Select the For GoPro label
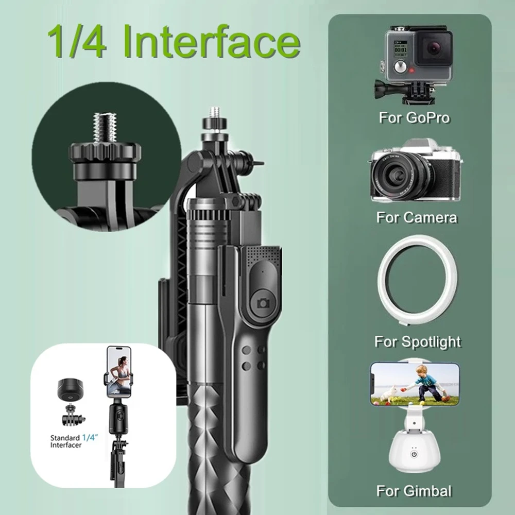tap(414, 117)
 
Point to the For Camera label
tap(416, 217)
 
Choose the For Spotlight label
tap(417, 341)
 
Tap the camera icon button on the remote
tap(263, 302)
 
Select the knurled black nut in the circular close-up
tap(105, 152)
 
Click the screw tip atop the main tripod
tap(214, 112)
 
